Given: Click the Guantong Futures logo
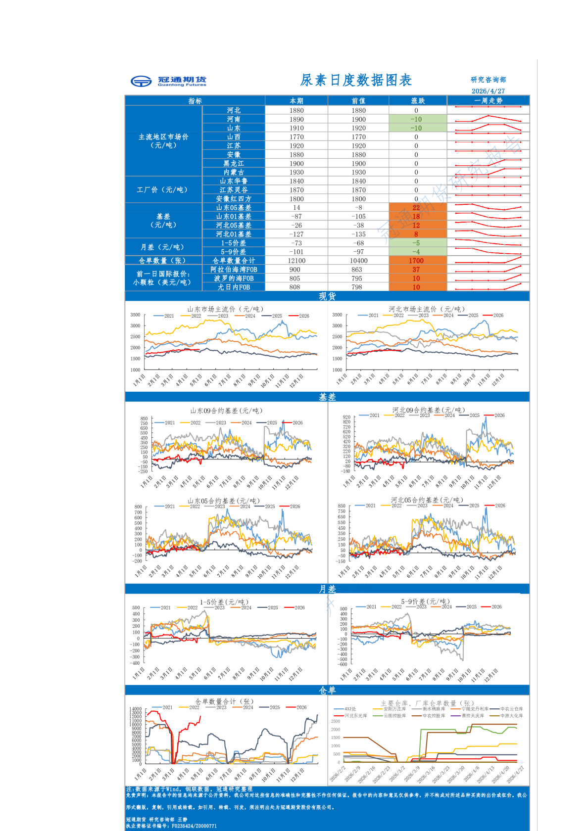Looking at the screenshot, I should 168,81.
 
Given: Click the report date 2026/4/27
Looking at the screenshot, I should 488,91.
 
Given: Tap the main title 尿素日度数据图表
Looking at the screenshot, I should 356,80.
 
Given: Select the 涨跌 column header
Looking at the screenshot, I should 418,101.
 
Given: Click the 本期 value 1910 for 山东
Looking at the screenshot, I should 296,128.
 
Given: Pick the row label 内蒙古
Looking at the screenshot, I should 234,172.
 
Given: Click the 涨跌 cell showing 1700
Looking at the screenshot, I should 416,261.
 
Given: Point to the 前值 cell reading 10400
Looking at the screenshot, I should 358,261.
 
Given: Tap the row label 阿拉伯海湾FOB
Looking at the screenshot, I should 234,270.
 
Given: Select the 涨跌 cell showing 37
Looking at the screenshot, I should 416,270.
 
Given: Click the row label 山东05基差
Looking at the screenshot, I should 234,208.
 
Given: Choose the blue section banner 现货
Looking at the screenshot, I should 327,296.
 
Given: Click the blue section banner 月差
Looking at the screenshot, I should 327,589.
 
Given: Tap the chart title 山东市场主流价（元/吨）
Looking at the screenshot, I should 225,309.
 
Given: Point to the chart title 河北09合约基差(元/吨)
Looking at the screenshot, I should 429,410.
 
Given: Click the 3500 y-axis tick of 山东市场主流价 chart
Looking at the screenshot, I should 135,315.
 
